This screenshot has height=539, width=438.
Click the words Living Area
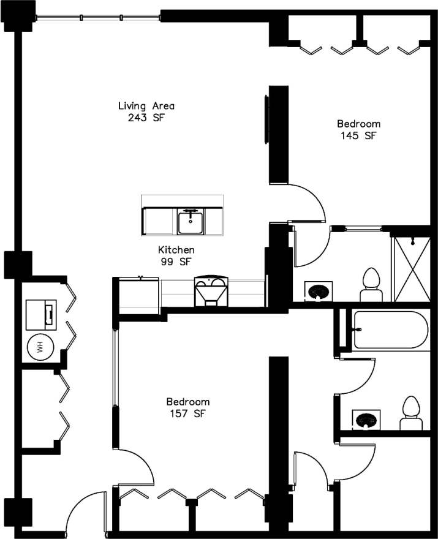point(142,106)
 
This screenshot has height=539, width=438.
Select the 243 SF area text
point(142,118)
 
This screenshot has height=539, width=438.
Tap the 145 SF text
point(358,135)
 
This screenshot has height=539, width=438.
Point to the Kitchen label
point(176,250)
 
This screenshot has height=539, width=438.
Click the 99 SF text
point(176,262)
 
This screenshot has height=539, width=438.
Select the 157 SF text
point(188,413)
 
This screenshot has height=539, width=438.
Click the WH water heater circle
point(40,348)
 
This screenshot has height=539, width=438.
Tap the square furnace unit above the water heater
point(42,314)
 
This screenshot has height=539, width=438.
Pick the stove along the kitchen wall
point(211,291)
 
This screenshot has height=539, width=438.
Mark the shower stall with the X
point(411,268)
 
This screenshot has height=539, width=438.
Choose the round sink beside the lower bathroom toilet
point(366,420)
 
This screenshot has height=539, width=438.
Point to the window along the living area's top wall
point(98,17)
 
